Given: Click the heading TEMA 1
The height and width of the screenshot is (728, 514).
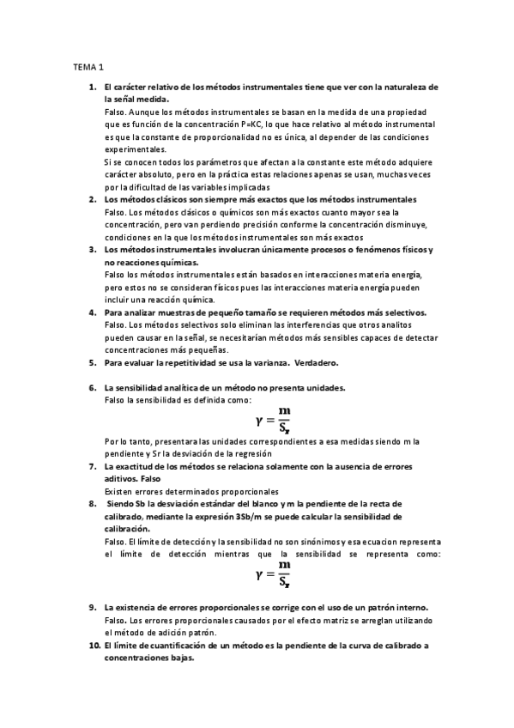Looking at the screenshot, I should (88, 66).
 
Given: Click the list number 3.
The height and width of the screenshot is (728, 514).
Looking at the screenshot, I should (92, 249).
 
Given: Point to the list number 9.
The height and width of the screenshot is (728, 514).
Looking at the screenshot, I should (92, 607).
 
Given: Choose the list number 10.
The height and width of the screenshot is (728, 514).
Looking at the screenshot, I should (94, 645).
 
